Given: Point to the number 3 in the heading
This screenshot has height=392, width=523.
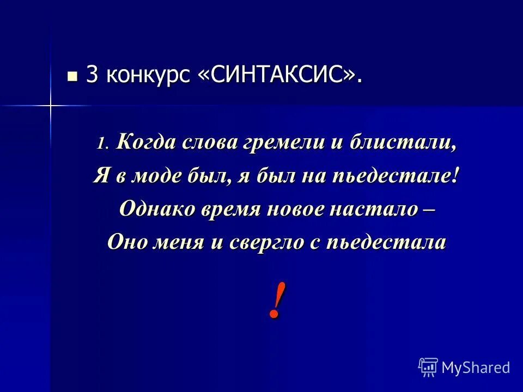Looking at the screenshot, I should (92, 76).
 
